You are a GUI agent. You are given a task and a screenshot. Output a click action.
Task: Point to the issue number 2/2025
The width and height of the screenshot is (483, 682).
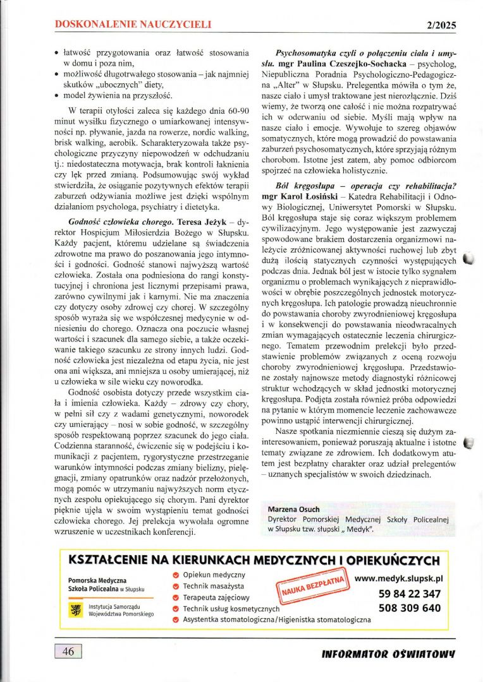click(x=437, y=26)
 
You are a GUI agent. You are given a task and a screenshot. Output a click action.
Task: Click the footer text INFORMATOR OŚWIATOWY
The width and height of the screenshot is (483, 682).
click(x=389, y=653)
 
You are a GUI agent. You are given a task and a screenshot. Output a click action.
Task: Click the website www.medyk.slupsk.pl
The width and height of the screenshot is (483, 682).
click(x=398, y=578)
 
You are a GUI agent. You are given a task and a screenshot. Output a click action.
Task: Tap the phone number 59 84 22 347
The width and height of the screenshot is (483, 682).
click(x=409, y=594)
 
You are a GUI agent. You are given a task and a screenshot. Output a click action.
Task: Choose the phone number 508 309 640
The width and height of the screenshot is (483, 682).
click(x=409, y=608)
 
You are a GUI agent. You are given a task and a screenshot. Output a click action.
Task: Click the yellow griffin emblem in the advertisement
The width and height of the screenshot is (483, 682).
click(x=78, y=609)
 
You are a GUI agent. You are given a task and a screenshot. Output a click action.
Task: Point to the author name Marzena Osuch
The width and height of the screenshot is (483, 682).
click(x=293, y=509)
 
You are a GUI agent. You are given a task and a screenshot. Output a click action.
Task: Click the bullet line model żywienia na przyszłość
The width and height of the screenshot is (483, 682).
click(x=117, y=95)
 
